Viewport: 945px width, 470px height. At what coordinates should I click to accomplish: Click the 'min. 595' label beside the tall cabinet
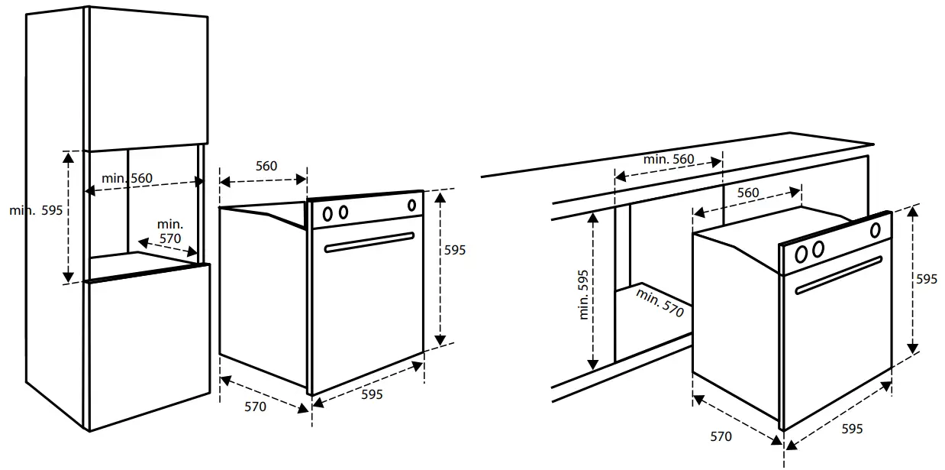36,210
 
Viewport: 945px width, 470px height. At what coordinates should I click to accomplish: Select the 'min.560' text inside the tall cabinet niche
127,178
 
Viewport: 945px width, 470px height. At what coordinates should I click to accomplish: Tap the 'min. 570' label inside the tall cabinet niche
170,232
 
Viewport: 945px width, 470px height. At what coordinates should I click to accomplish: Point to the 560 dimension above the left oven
266,167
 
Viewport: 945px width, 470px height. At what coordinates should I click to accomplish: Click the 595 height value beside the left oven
455,250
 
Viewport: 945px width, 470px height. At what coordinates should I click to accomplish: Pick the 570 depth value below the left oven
256,407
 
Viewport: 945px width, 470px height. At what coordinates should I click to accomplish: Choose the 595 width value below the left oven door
372,394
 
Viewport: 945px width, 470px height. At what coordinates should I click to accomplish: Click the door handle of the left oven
369,241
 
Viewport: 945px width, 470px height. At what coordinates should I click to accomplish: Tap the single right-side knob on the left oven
412,205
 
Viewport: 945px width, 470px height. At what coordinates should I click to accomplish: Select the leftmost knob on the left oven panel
327,213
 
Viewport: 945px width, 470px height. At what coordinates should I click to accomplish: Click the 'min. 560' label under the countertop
669,160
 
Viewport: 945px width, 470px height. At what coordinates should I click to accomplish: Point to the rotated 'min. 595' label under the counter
584,294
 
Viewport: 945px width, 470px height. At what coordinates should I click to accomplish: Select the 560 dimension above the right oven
748,193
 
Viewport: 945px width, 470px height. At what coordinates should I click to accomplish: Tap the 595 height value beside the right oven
927,280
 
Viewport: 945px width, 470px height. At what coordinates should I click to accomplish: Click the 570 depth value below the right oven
721,436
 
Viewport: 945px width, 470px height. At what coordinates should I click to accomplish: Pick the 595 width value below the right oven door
852,429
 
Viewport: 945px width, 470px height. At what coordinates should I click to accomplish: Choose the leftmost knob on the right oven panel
802,253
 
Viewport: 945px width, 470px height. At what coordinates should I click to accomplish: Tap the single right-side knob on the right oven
875,229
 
